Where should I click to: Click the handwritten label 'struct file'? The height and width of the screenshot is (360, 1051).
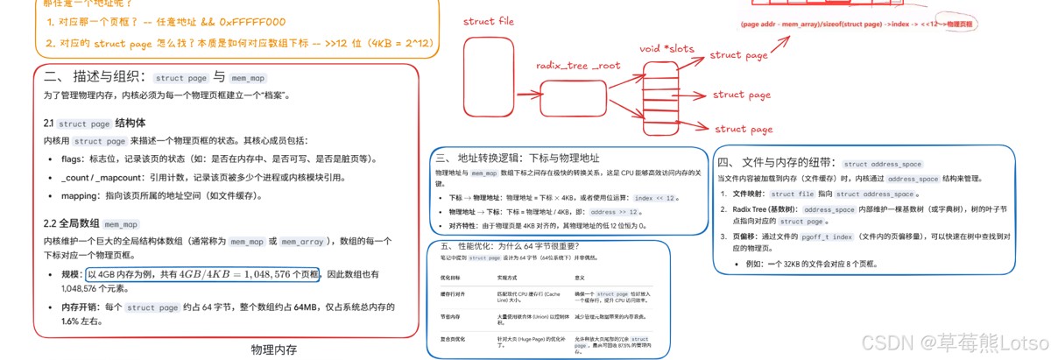pyautogui.click(x=488, y=21)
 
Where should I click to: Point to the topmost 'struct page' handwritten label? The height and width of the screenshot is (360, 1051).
pyautogui.click(x=737, y=55)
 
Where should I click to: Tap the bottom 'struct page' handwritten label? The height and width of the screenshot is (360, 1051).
pyautogui.click(x=744, y=130)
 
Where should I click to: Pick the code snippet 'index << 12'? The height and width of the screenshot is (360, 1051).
pyautogui.click(x=654, y=199)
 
